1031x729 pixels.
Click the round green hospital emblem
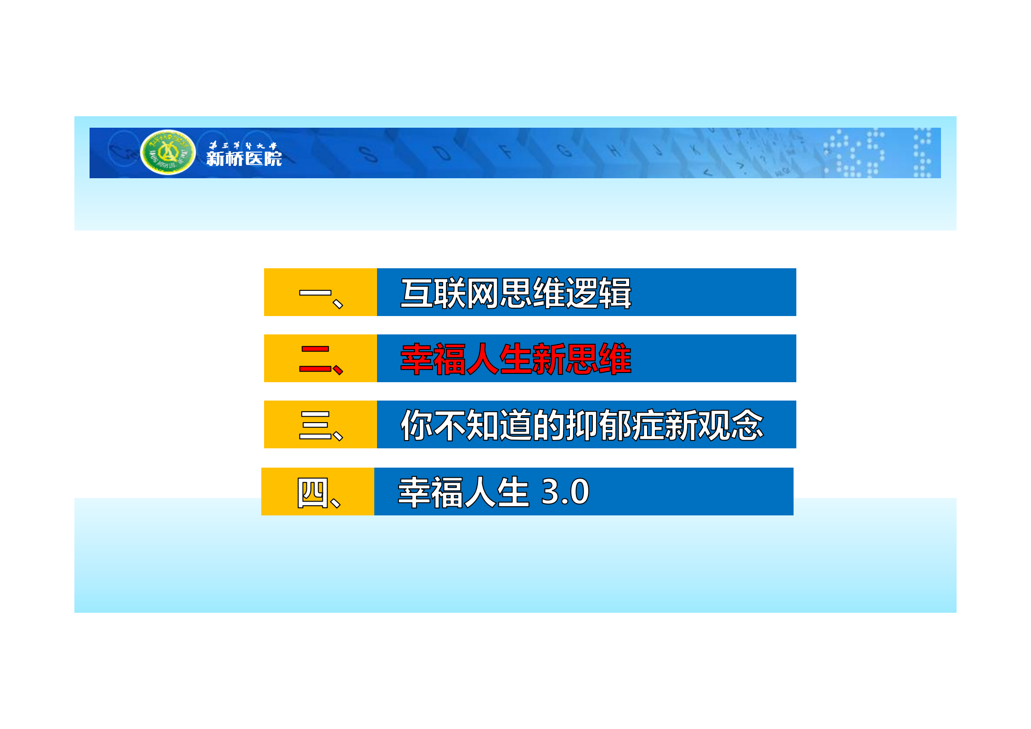pyautogui.click(x=168, y=152)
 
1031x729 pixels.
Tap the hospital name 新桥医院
pyautogui.click(x=244, y=159)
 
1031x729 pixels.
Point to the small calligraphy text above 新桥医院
pyautogui.click(x=243, y=146)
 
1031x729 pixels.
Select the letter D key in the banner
pyautogui.click(x=442, y=153)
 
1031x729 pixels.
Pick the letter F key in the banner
pyautogui.click(x=506, y=151)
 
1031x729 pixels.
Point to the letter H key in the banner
pyautogui.click(x=614, y=150)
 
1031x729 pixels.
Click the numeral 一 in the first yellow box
pyautogui.click(x=315, y=293)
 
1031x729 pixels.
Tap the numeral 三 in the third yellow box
pyautogui.click(x=315, y=425)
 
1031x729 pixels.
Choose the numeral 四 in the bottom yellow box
pyautogui.click(x=312, y=492)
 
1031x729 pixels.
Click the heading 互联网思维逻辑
pyautogui.click(x=516, y=293)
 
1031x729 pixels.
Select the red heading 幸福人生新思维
pyautogui.click(x=516, y=359)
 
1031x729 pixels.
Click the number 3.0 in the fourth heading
pyautogui.click(x=565, y=492)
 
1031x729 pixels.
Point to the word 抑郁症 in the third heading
pyautogui.click(x=615, y=425)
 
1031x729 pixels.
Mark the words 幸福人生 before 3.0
pyautogui.click(x=464, y=492)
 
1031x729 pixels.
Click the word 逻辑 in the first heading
pyautogui.click(x=598, y=293)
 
